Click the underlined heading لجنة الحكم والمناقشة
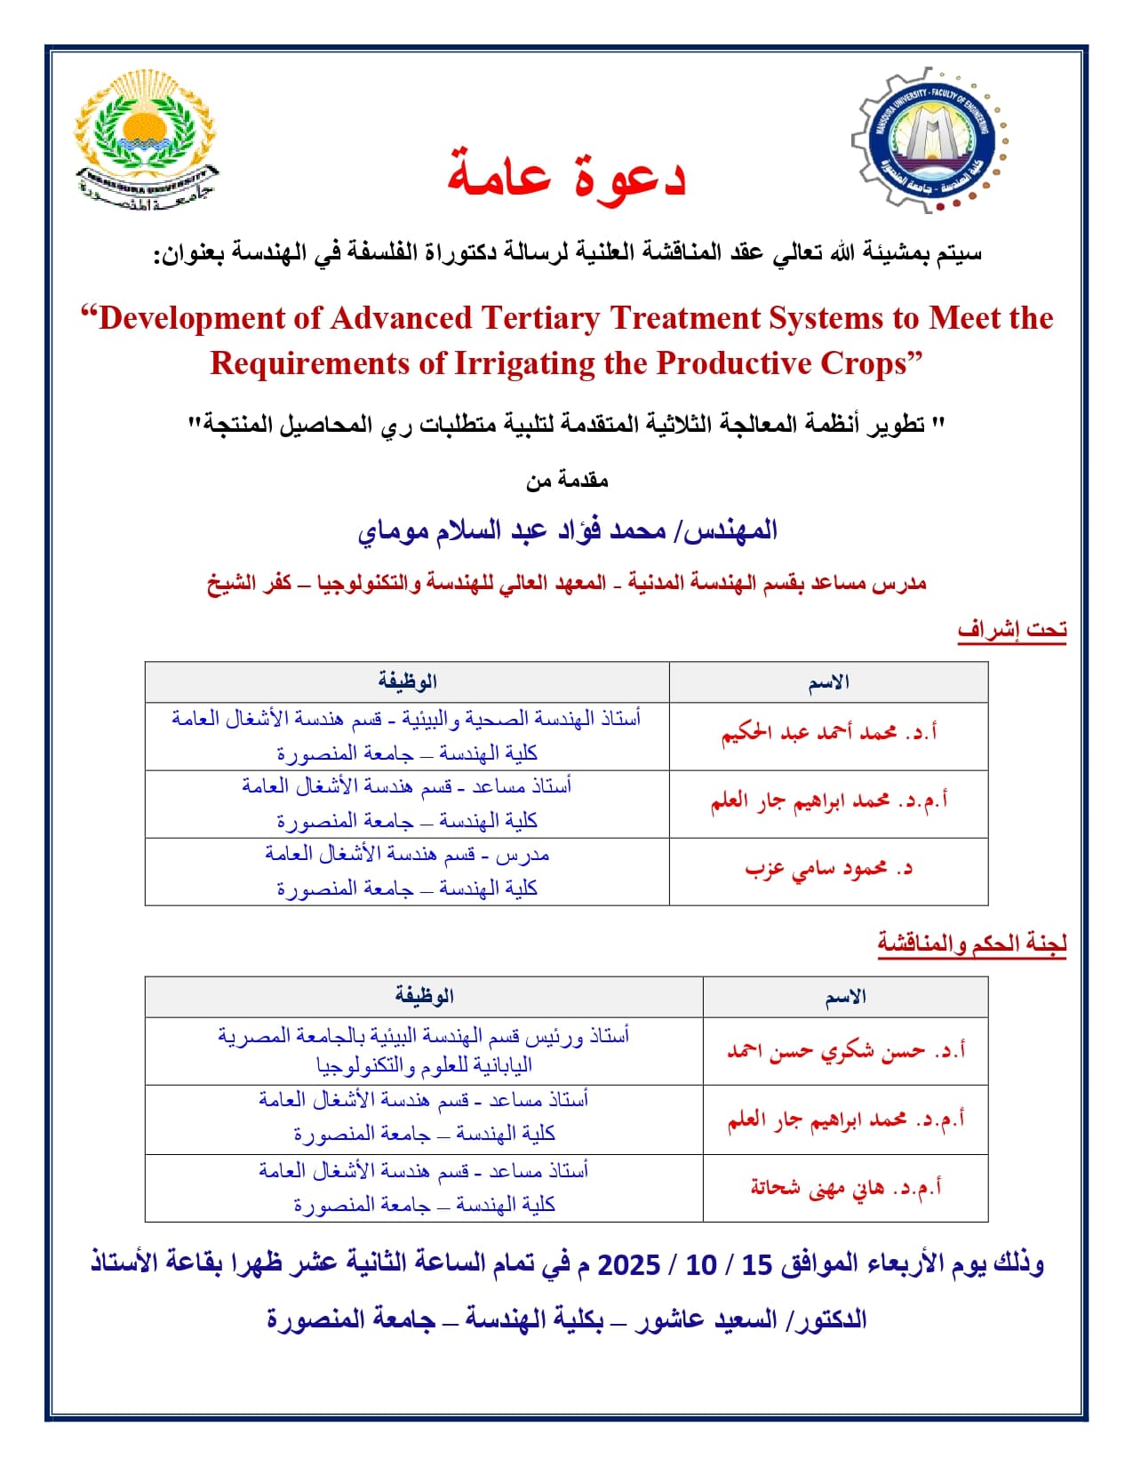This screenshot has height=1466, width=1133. pos(972,943)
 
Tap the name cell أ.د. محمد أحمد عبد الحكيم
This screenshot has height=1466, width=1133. pos(828,735)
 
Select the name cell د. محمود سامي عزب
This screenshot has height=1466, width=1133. pos(828,870)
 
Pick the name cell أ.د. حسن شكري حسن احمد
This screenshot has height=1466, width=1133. pos(845,1051)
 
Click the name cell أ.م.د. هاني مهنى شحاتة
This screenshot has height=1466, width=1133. pos(845,1188)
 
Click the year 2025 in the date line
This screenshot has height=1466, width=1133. pos(628,1264)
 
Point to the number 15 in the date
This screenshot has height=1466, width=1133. pos(756,1264)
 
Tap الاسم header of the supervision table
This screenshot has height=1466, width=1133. pos(828,682)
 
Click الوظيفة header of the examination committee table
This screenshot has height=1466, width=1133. pos(424,996)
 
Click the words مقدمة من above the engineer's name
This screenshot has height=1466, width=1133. pos(567,481)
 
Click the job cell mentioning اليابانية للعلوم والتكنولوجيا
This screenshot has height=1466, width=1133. pos(424,1050)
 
